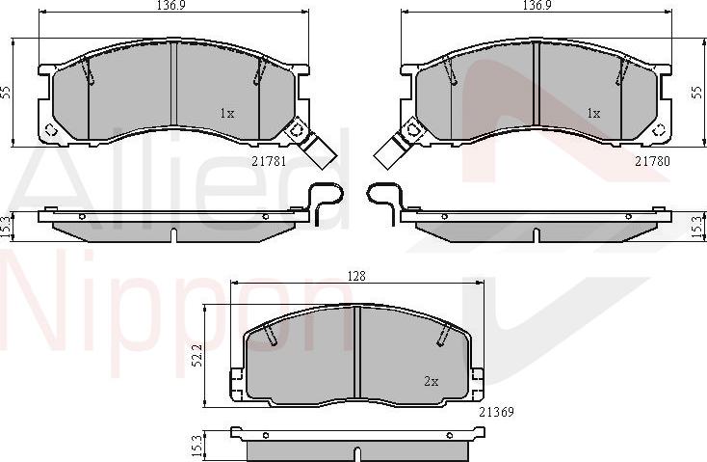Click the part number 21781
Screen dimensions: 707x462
pyautogui.click(x=269, y=161)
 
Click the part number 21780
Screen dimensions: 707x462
pyautogui.click(x=652, y=161)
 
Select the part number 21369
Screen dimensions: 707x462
pyautogui.click(x=496, y=412)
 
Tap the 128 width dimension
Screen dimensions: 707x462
pyautogui.click(x=356, y=276)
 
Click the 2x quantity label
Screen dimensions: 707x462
pyautogui.click(x=432, y=382)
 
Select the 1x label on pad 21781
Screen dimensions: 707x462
pyautogui.click(x=227, y=114)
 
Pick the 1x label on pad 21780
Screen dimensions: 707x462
pyautogui.click(x=593, y=114)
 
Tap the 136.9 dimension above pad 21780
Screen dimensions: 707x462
pyautogui.click(x=537, y=5)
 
